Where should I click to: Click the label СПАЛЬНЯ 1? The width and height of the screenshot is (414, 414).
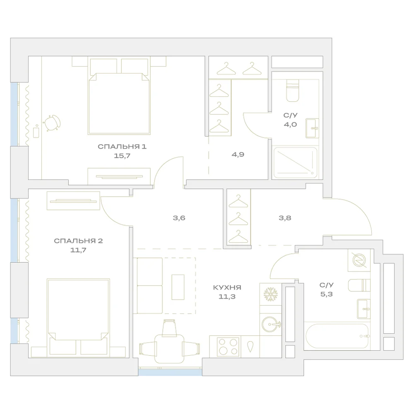tap(122, 147)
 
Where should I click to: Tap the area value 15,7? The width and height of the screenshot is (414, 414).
tap(122, 156)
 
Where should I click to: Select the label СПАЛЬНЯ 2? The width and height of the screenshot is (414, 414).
tap(78, 241)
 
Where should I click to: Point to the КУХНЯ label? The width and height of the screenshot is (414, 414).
tap(227, 287)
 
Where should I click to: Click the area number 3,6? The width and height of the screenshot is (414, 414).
tap(179, 218)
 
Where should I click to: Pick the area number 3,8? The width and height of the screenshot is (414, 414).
tap(285, 218)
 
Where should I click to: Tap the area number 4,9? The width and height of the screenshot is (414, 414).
tap(238, 154)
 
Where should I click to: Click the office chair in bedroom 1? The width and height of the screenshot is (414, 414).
tap(52, 123)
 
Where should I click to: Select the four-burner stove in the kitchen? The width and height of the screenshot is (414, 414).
tap(228, 347)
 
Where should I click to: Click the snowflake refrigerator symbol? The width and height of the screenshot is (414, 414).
tap(271, 294)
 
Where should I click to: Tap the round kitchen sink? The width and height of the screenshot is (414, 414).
tap(271, 324)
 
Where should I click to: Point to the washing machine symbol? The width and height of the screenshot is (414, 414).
tap(359, 260)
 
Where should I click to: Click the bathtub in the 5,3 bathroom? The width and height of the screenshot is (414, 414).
tap(337, 336)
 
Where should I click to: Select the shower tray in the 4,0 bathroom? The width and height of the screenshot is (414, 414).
tap(296, 163)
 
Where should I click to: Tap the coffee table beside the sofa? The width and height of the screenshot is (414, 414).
tap(178, 287)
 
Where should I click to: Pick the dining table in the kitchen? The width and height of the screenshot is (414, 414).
tap(169, 349)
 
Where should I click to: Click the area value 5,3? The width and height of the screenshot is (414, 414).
tap(327, 294)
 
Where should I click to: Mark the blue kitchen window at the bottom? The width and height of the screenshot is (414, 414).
tap(170, 372)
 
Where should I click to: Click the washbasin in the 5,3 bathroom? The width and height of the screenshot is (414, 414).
tap(364, 309)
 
